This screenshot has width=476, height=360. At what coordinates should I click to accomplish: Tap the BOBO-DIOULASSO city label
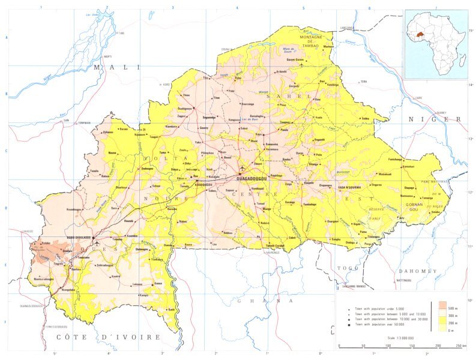78,238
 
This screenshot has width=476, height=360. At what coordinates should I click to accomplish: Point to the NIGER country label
440,119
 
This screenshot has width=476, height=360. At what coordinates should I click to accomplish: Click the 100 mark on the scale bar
388,346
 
